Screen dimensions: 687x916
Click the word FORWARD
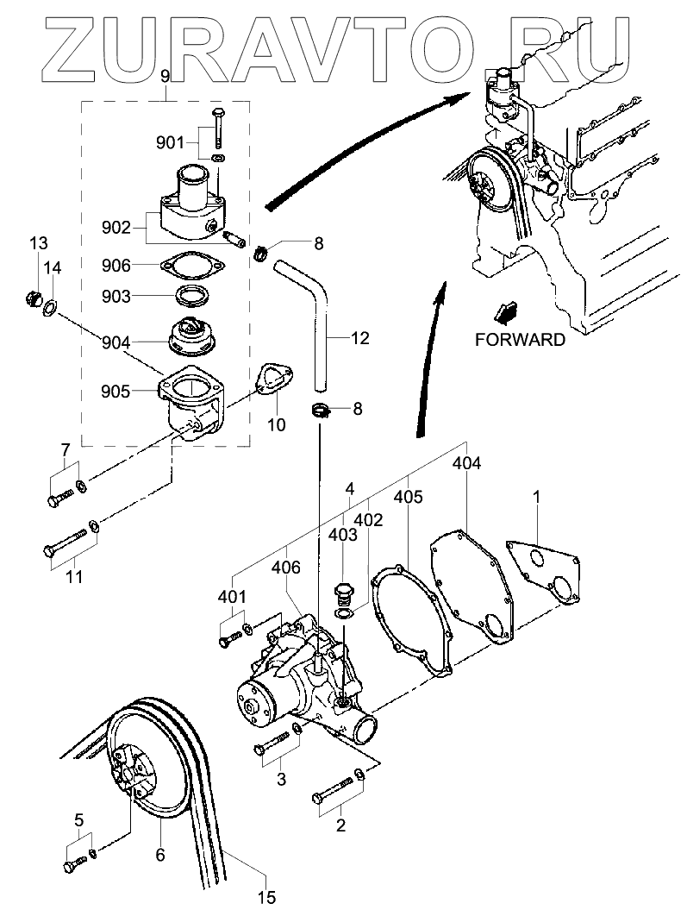[x=520, y=340]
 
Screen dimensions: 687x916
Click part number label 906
[x=116, y=266]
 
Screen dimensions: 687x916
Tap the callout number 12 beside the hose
[x=360, y=337]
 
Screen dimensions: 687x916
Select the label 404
[x=467, y=463]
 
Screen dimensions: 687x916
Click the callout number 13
[x=39, y=242]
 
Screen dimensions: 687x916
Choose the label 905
[x=116, y=391]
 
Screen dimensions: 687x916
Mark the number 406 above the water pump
[x=286, y=567]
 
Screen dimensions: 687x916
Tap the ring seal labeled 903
[x=191, y=296]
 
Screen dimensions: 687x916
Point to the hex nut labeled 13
[x=32, y=299]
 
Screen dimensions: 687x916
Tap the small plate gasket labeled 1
[x=544, y=572]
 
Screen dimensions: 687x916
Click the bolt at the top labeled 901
[x=218, y=128]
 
